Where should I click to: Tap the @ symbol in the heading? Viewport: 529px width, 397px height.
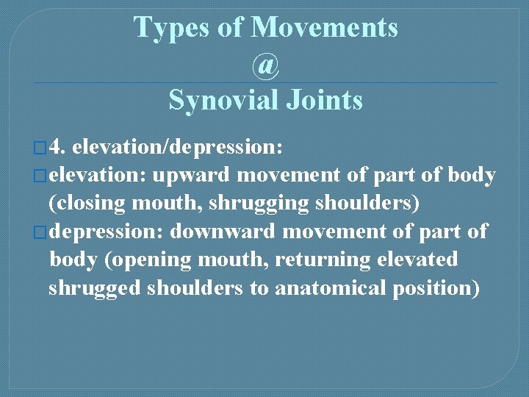(265, 65)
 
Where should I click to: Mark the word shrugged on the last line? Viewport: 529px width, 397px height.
(95, 288)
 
